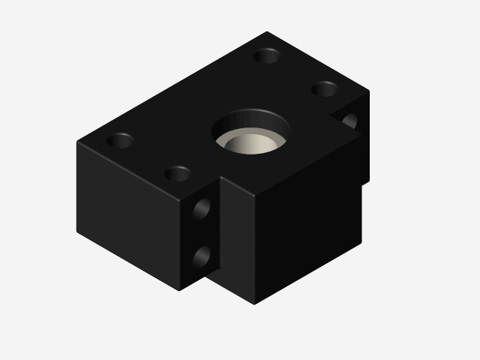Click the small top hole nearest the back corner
pos(267,55)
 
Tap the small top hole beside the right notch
pos(324,89)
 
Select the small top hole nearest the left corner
pos(119,140)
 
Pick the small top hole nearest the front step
pos(178,174)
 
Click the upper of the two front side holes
pos(202,208)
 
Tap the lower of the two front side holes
pos(202,257)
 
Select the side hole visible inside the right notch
pos(349,120)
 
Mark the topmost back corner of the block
pos(267,31)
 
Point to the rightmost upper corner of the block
pos(368,91)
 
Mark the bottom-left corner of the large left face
pos(77,233)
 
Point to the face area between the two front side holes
pos(202,233)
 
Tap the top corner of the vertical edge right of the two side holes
pos(220,178)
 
